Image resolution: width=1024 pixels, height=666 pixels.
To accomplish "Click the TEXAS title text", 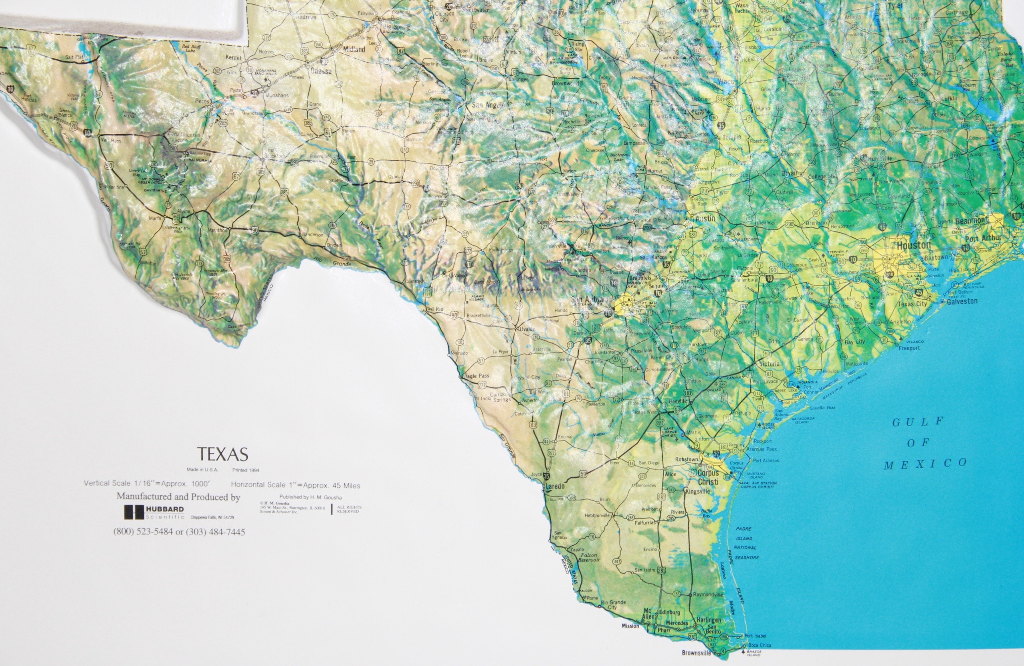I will tap(222, 454).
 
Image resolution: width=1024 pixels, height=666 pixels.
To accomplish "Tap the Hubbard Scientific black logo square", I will tap(134, 512).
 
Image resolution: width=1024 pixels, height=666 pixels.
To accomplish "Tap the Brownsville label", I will tap(696, 653).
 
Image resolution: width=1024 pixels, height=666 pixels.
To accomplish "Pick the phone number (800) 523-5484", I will tap(143, 532).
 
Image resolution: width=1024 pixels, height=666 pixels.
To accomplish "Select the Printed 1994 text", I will tap(246, 470).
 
